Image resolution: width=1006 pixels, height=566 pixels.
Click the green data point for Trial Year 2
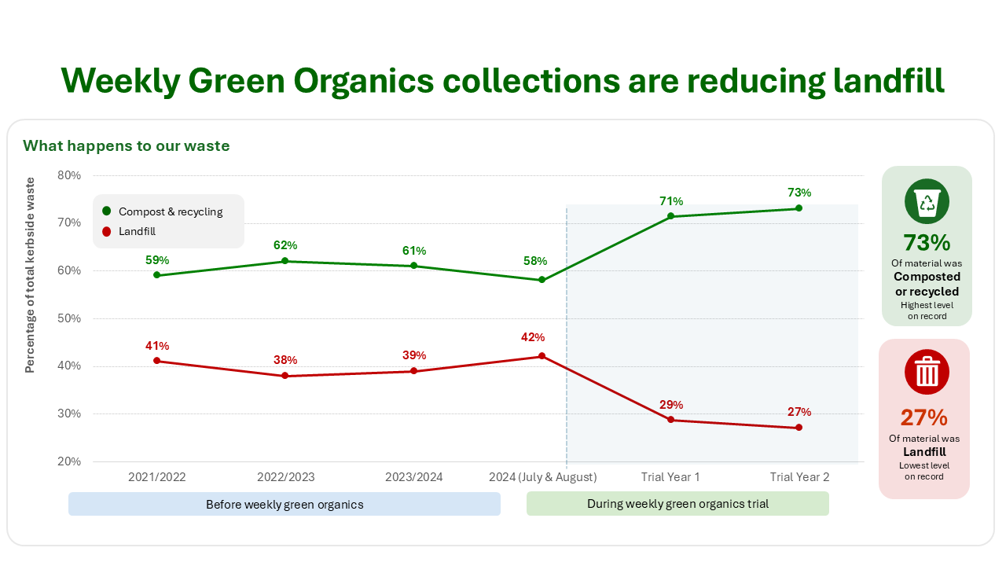pos(799,208)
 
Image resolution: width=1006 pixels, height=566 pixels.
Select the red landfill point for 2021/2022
pos(156,361)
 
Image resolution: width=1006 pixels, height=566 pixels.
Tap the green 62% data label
pos(285,245)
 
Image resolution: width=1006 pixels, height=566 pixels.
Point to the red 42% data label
pos(533,337)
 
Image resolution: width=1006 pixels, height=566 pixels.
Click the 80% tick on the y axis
pos(69,175)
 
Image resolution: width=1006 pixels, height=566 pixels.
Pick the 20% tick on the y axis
pos(69,461)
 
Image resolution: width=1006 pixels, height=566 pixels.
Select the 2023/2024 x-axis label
pos(413,477)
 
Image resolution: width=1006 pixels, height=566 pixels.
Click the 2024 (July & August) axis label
pos(542,477)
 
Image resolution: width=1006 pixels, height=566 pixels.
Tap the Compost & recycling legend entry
pos(163,211)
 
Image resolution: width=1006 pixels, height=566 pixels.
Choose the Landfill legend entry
pos(129,231)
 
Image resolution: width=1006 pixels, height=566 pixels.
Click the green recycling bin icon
pos(927,201)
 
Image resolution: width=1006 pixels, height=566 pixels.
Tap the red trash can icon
pos(927,372)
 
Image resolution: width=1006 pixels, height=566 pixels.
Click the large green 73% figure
pos(927,243)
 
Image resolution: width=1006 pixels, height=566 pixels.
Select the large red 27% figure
pos(923,417)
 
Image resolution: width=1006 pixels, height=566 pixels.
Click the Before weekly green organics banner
pos(285,504)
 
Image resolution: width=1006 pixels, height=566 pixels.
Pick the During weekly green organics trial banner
pos(677,504)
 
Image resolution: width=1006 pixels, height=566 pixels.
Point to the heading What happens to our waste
pos(127,146)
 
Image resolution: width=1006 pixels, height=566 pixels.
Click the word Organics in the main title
pos(364,81)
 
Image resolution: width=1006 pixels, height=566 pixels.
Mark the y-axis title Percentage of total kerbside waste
pos(30,275)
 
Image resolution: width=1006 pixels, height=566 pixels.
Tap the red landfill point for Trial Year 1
pos(670,420)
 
